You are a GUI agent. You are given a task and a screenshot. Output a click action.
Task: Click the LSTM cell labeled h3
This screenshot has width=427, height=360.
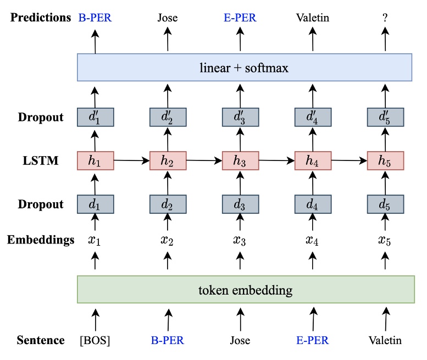point(240,160)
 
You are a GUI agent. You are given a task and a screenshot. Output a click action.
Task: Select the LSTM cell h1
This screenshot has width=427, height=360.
point(95,160)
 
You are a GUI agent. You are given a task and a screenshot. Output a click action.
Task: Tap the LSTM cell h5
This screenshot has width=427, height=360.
point(385,160)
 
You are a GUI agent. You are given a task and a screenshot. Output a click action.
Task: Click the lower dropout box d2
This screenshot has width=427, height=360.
point(168,204)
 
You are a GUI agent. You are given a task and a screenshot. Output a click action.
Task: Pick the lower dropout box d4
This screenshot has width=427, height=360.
point(313,204)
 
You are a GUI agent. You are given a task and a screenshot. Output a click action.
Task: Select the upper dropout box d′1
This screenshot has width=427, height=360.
point(95,117)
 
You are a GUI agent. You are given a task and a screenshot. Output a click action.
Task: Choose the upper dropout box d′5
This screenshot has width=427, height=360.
point(385,117)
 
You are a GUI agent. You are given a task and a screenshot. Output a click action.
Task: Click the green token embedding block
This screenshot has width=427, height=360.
point(245,290)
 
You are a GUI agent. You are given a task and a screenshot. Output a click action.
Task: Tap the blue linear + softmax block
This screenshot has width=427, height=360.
point(245,68)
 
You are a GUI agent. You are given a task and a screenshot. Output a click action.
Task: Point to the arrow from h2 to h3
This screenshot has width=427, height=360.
point(204,160)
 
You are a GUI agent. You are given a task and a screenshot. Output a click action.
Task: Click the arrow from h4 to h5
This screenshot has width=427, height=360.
point(349,160)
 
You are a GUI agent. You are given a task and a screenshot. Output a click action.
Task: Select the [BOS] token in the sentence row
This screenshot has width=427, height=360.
point(95,341)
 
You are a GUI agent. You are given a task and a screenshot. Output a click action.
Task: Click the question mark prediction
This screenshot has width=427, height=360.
point(385,18)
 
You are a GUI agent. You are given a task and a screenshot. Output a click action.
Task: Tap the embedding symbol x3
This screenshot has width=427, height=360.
point(240,240)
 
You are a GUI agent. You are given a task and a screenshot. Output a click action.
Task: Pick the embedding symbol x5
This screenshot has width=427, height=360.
point(385,240)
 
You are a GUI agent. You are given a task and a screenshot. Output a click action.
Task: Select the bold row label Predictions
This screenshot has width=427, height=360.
point(40,18)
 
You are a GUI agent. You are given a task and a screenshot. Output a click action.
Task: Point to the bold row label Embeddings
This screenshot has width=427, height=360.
point(40,240)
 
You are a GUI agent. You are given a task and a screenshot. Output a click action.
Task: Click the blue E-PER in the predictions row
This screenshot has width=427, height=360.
point(240,18)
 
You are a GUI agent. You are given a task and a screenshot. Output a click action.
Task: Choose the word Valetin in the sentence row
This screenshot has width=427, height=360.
point(385,341)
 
